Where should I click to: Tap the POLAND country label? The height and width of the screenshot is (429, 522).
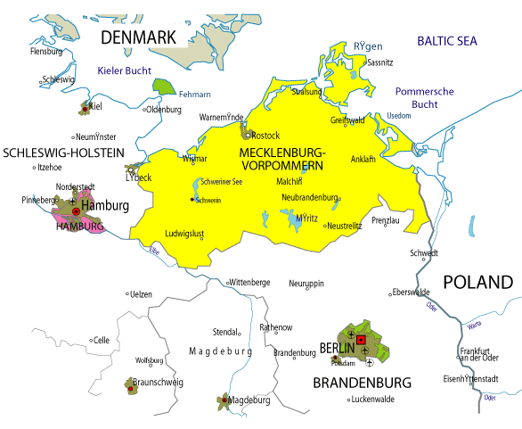click(x=478, y=283)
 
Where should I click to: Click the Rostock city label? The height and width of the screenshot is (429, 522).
click(x=266, y=135)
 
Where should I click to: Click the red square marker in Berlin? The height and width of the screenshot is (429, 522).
click(x=361, y=340)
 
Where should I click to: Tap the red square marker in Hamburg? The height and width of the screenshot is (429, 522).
click(x=76, y=212)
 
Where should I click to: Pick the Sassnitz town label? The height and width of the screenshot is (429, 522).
click(x=379, y=63)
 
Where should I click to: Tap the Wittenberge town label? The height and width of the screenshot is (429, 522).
click(x=250, y=282)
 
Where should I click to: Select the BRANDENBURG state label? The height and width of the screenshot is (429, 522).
click(x=362, y=383)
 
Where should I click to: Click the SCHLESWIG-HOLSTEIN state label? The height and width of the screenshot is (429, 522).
click(x=63, y=153)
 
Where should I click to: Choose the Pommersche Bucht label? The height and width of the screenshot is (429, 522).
click(x=424, y=98)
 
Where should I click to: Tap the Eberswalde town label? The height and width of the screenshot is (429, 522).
click(x=412, y=292)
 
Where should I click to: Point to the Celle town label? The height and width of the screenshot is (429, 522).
click(x=102, y=339)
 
